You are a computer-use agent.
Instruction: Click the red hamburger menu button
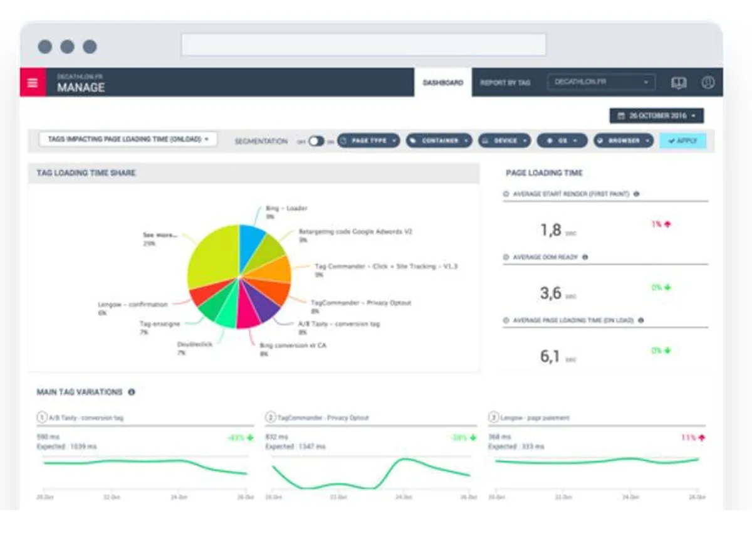point(33,83)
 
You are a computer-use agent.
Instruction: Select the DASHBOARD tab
point(442,83)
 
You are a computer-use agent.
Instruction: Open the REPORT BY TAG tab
point(505,83)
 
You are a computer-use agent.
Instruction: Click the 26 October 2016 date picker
point(656,116)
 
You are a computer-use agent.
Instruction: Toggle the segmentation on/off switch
point(316,141)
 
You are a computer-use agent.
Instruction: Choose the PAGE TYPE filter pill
point(368,141)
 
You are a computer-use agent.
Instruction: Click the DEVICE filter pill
point(504,141)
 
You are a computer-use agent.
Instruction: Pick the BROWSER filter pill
point(623,141)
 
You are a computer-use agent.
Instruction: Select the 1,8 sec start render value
point(551,230)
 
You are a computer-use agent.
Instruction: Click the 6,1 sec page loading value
point(550,357)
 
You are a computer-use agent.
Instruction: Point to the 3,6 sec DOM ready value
point(550,293)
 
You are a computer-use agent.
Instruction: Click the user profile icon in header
point(708,83)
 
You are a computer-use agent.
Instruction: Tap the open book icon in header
point(679,83)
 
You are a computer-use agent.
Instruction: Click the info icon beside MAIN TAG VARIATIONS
point(132,392)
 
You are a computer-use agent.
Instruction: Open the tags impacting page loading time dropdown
point(128,139)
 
